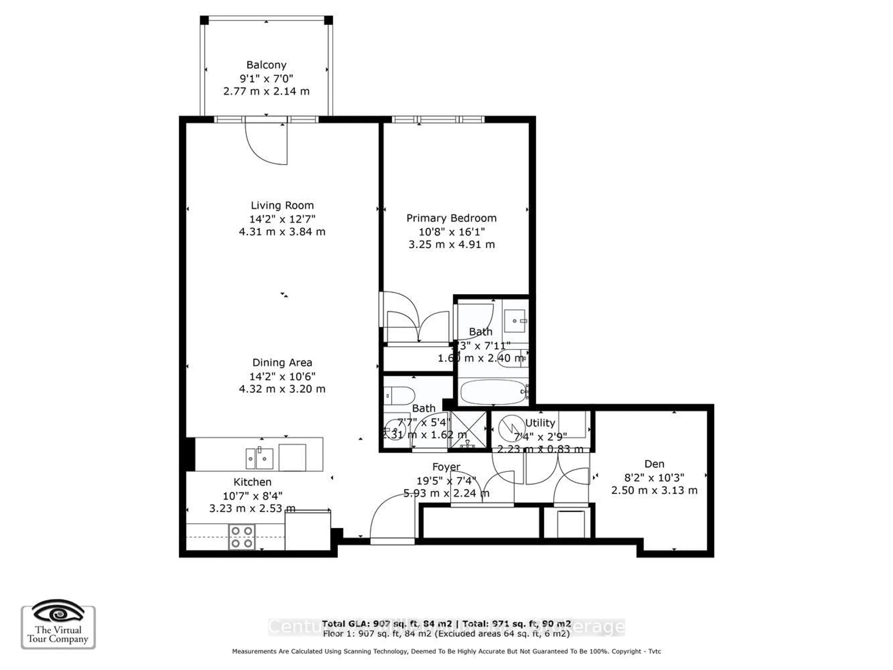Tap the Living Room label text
coord(282,205)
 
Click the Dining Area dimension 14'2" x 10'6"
coord(282,376)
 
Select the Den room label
coord(654,464)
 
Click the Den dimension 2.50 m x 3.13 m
coord(654,490)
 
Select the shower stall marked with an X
coord(468,430)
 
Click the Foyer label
coord(446,467)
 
